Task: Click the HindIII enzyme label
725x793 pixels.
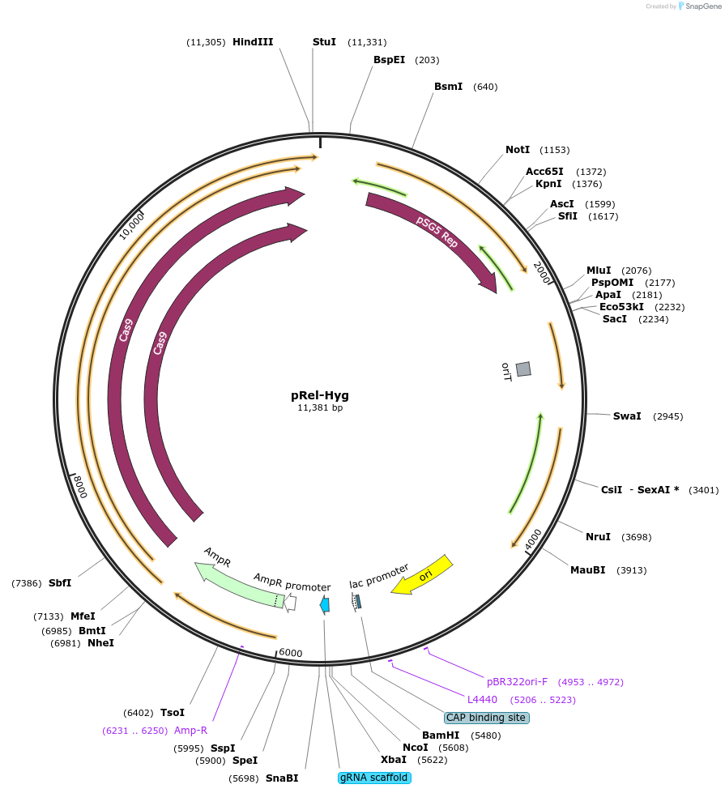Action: (253, 42)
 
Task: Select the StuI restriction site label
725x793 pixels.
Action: (324, 42)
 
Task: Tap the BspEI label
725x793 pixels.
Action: (389, 60)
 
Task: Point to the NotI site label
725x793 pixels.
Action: (518, 150)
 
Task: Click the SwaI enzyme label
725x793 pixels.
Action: (627, 416)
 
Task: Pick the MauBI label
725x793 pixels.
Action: (588, 570)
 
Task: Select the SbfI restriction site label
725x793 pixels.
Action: (60, 583)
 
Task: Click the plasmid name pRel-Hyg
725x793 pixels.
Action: (320, 395)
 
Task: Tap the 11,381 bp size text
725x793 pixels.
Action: (320, 408)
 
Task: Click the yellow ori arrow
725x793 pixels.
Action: (422, 576)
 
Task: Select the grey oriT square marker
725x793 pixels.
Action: (523, 369)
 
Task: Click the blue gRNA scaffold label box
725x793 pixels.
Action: (374, 778)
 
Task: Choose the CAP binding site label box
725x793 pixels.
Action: (486, 718)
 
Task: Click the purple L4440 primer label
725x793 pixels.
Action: (482, 699)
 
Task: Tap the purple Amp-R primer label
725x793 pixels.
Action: (190, 731)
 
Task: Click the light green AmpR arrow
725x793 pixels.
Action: (238, 582)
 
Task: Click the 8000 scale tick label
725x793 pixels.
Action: (79, 488)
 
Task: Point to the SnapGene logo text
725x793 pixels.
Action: (702, 6)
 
